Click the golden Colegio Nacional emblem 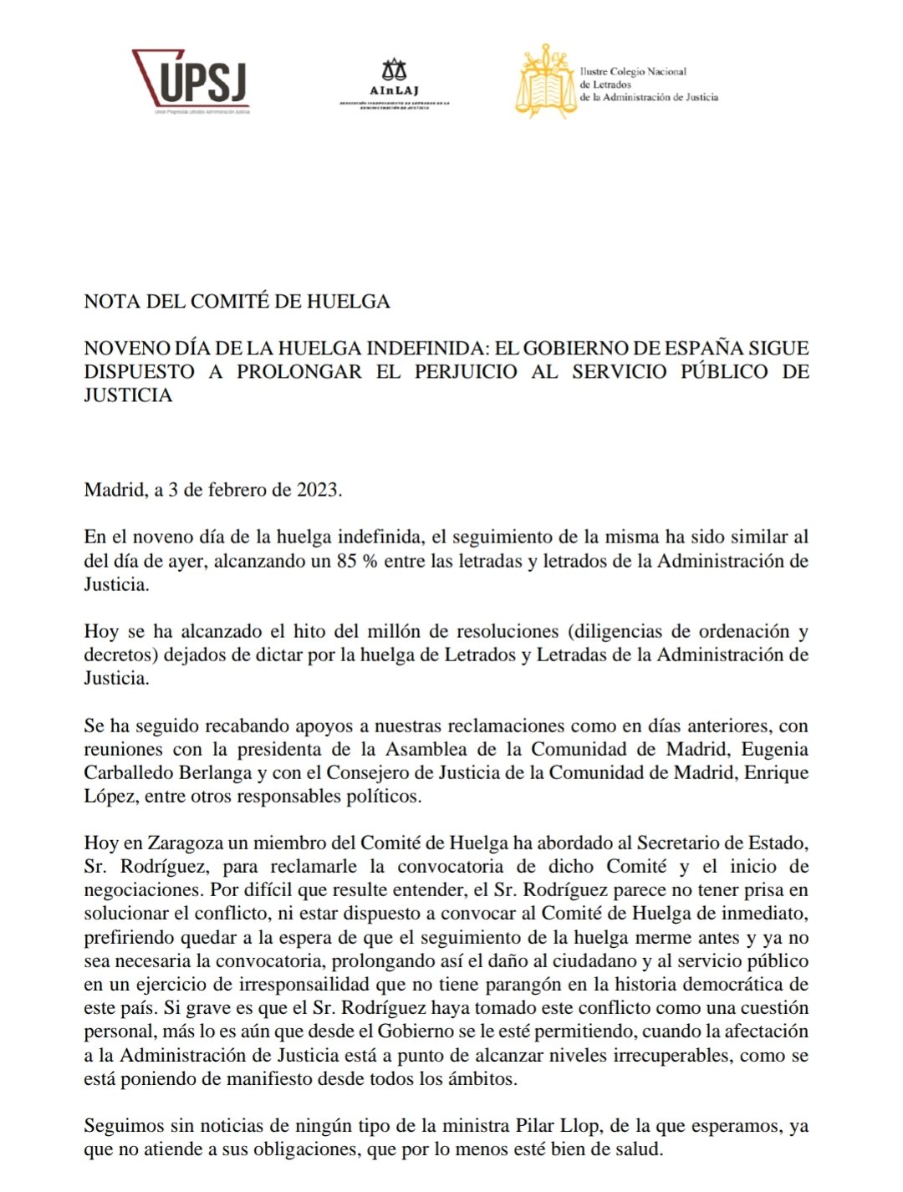pos(545,82)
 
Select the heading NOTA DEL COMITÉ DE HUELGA pos(237,302)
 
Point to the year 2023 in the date pos(318,490)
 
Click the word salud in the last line pos(638,1149)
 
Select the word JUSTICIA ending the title pos(128,395)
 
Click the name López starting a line pos(110,796)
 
